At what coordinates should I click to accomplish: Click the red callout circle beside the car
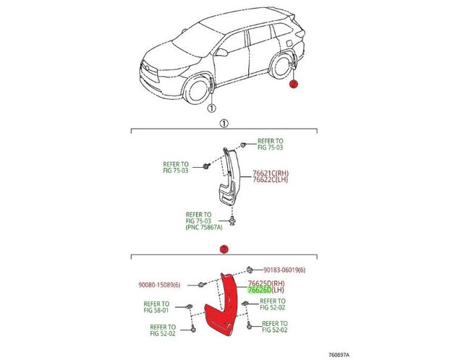[294, 84]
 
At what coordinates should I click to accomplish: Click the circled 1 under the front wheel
[211, 108]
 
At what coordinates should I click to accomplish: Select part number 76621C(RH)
[271, 173]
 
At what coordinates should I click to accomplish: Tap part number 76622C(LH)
[270, 179]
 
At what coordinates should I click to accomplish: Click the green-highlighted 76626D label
[260, 290]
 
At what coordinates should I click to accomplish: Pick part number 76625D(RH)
[266, 283]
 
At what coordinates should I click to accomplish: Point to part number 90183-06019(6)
[284, 270]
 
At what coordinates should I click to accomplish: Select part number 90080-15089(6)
[159, 285]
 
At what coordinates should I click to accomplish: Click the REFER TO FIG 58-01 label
[156, 307]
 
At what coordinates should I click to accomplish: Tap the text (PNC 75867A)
[204, 227]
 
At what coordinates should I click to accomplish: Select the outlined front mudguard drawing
[230, 176]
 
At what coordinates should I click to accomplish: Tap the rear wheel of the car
[281, 67]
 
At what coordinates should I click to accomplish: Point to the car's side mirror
[221, 53]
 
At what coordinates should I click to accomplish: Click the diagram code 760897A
[339, 355]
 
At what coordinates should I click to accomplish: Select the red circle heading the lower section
[224, 249]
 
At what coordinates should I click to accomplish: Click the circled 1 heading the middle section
[224, 124]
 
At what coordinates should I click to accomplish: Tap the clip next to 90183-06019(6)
[249, 269]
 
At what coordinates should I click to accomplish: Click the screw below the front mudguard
[232, 220]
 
